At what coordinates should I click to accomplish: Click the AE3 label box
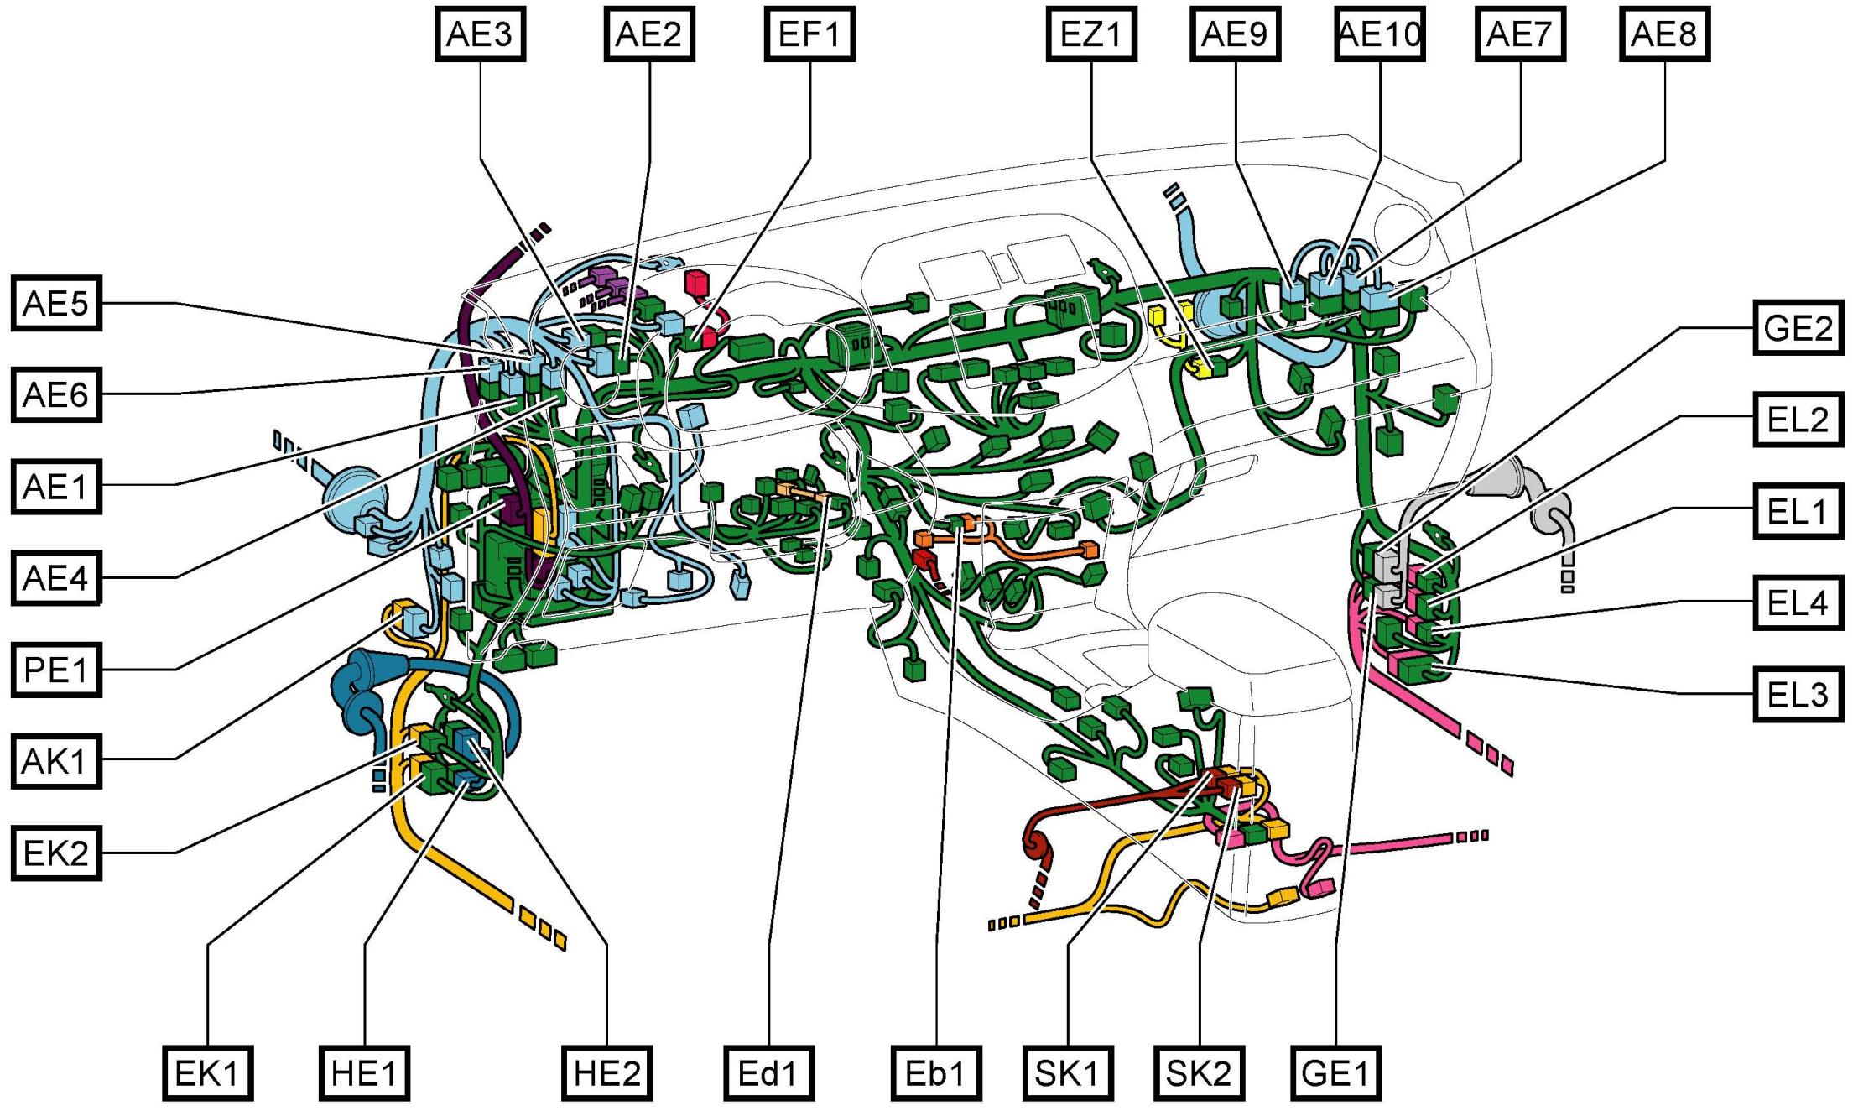(480, 34)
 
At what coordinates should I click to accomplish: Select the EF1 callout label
(809, 34)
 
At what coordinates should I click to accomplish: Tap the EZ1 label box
(1091, 34)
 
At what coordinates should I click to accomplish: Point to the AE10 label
(1380, 34)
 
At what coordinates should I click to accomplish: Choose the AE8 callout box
(1664, 34)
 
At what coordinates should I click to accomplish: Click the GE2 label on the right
(1798, 327)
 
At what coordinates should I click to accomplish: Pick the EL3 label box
(1798, 694)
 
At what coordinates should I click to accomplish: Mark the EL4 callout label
(1798, 602)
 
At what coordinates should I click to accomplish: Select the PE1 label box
(56, 670)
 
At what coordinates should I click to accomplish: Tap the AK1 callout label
(56, 761)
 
